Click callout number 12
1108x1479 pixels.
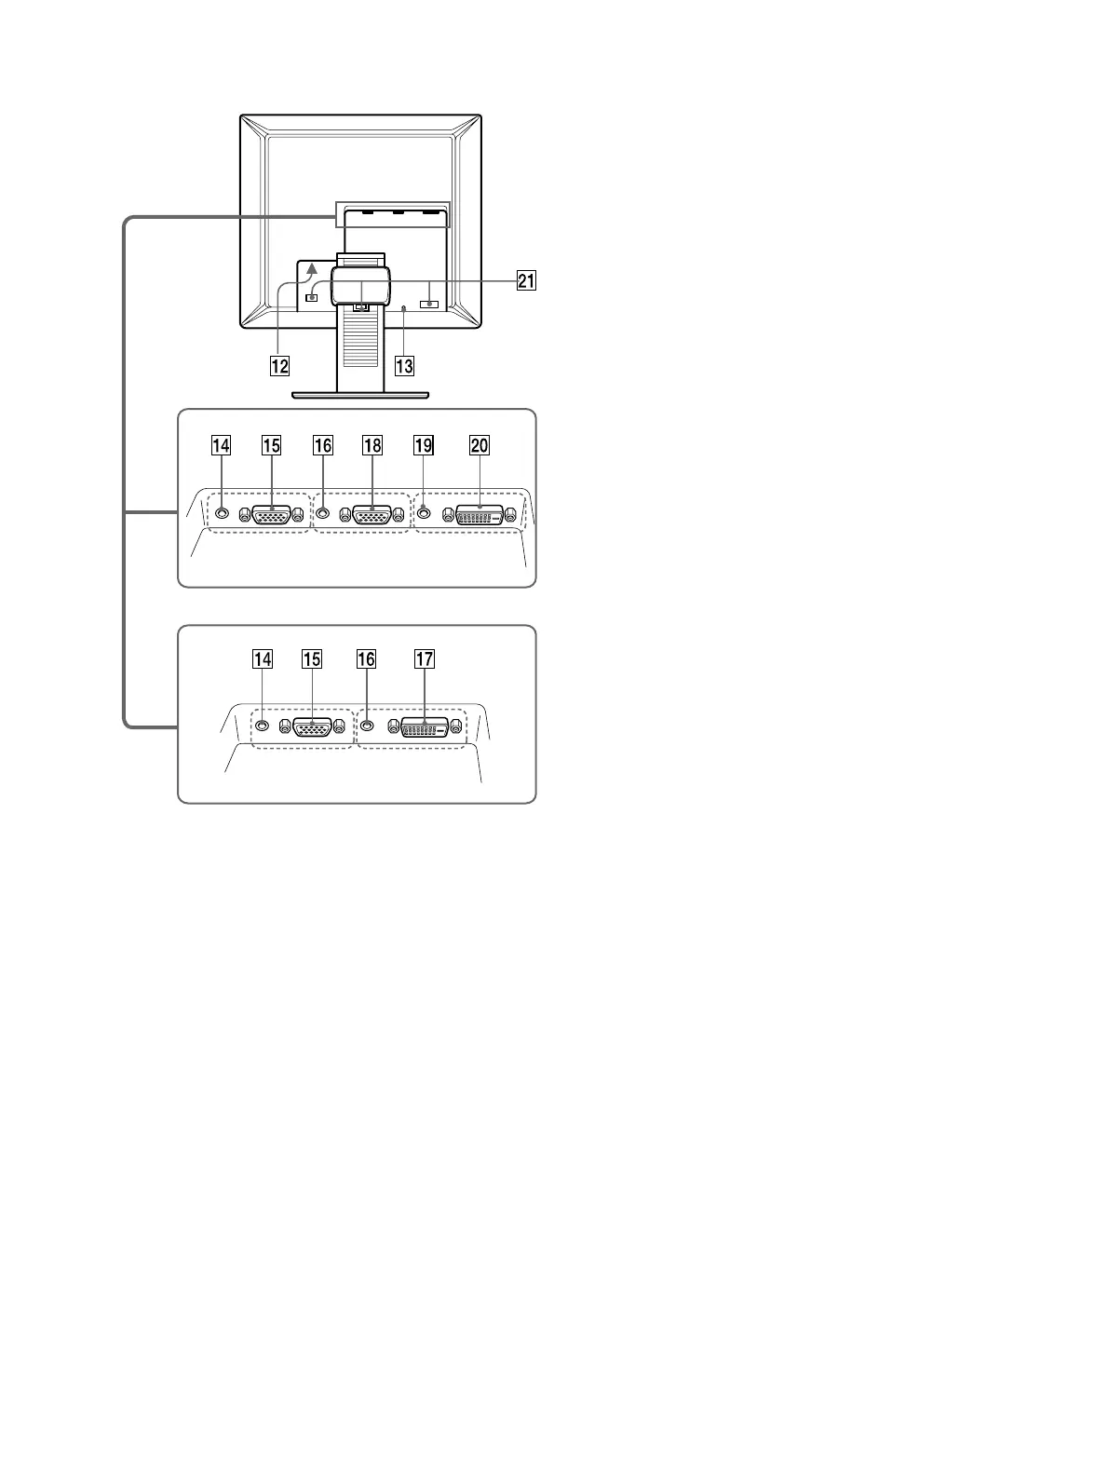click(279, 365)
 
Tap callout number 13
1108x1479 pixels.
click(404, 365)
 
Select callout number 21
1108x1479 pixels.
click(526, 280)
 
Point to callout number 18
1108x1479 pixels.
click(372, 446)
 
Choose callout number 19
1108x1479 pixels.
click(423, 446)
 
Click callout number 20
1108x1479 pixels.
click(479, 446)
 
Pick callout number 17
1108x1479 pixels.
click(424, 659)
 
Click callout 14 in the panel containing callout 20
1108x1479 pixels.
click(221, 446)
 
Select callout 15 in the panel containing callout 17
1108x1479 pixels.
click(311, 659)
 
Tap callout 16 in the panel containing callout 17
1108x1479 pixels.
click(367, 659)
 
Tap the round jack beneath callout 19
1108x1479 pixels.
click(424, 511)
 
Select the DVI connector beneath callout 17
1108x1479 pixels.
click(424, 727)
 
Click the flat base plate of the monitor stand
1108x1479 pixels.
click(360, 394)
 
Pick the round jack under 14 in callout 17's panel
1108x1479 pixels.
click(263, 726)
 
